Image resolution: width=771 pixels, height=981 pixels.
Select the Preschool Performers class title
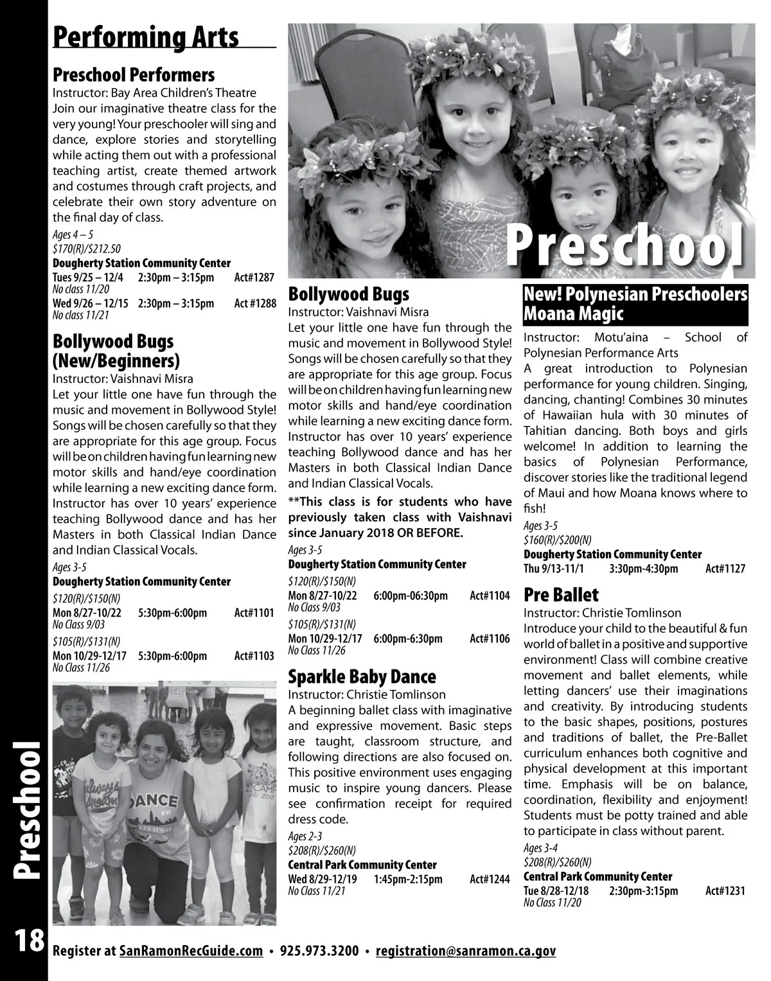point(134,75)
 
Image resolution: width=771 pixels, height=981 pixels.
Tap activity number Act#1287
point(254,278)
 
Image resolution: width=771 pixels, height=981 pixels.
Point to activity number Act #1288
point(254,303)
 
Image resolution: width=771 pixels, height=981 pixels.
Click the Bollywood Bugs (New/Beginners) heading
point(116,349)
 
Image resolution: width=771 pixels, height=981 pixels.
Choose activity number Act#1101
point(254,613)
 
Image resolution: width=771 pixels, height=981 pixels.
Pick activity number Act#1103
point(254,656)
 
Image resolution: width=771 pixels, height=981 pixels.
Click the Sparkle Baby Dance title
point(362,676)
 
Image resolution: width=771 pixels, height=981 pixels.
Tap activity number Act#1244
point(490,879)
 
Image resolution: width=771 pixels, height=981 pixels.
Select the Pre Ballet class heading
point(561,595)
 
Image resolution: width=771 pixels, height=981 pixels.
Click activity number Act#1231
point(725,890)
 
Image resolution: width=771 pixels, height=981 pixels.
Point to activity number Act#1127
point(725,569)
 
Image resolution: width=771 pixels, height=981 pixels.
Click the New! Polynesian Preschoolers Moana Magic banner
point(635,305)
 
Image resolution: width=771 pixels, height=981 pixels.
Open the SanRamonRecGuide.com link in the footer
point(191,951)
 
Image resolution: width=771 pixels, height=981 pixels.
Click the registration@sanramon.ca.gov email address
point(465,951)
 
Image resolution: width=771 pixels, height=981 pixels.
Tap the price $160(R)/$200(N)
point(558,539)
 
